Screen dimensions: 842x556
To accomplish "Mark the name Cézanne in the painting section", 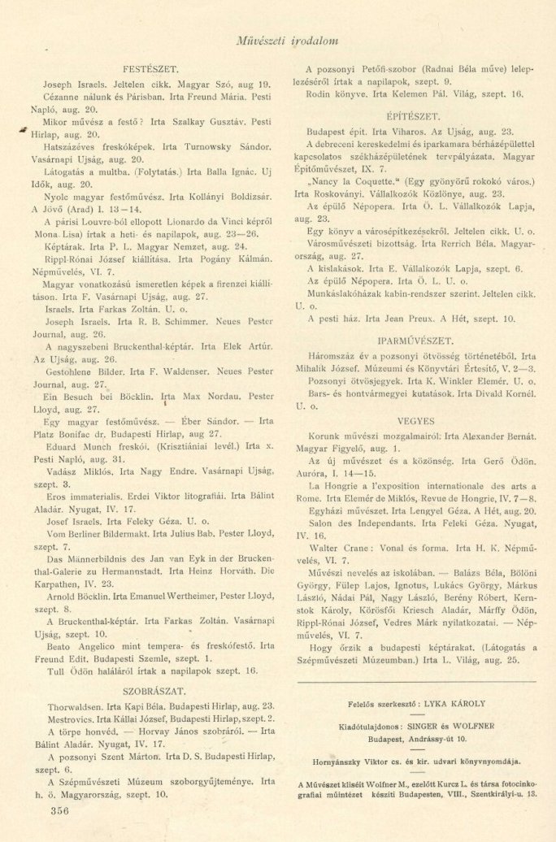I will tap(63, 96).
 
